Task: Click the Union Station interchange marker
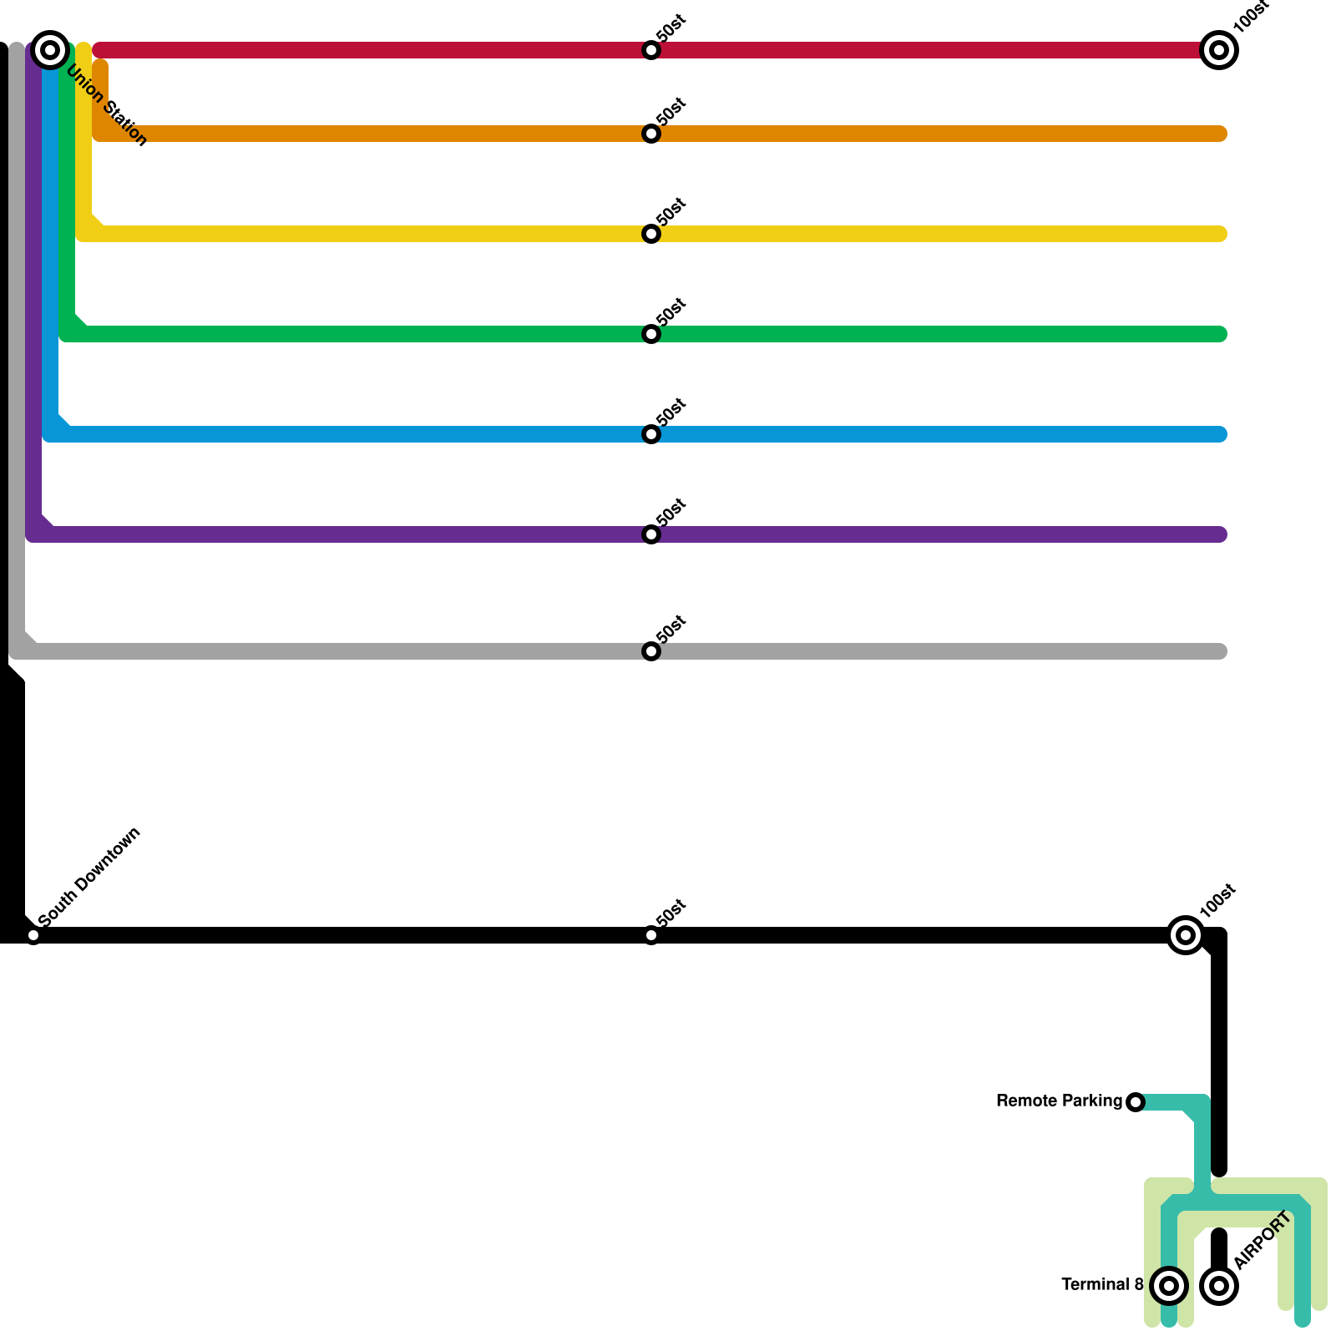coord(50,50)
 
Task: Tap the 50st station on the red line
coord(651,50)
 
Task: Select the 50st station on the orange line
coord(651,134)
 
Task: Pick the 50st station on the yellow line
coord(651,234)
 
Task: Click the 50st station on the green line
coord(651,334)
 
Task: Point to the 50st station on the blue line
coord(651,434)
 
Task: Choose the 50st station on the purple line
coord(651,534)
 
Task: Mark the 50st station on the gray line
coord(651,651)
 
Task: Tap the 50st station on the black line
coord(651,935)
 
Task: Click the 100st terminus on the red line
coord(1219,50)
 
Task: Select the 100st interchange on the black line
coord(1186,935)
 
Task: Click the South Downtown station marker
coord(33,935)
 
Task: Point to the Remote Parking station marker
coord(1136,1102)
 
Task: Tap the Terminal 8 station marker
coord(1169,1286)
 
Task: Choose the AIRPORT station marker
coord(1219,1286)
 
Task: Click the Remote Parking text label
coord(1059,1101)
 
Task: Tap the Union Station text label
coord(107,105)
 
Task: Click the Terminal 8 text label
coord(1102,1285)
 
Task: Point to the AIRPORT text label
coord(1263,1240)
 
